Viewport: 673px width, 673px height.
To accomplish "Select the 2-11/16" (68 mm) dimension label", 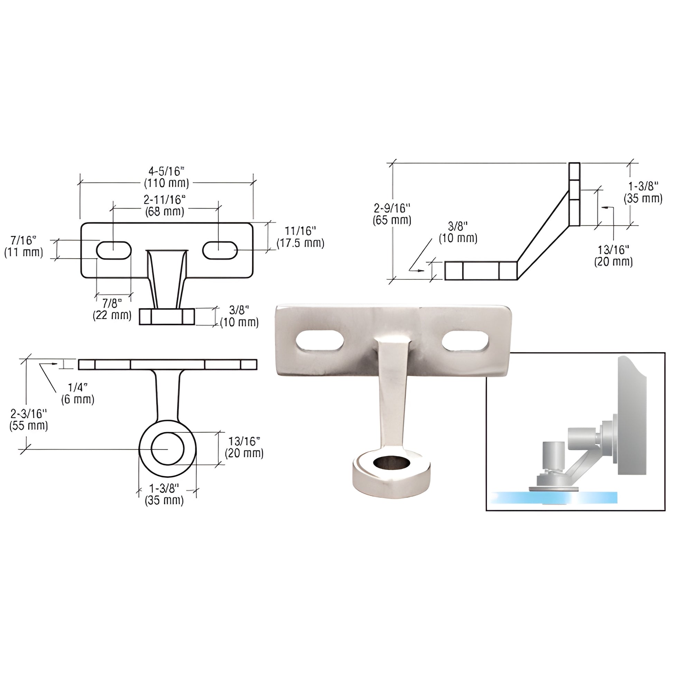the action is pos(164,205).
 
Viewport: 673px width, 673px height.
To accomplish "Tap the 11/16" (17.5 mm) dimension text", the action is pos(300,237).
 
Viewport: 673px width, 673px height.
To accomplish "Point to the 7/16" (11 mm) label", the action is pos(24,246).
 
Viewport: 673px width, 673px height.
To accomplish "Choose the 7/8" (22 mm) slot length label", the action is pos(112,309).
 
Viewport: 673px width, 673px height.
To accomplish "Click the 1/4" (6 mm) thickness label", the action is pos(77,393).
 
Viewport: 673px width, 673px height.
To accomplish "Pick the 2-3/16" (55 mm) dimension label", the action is pos(29,420).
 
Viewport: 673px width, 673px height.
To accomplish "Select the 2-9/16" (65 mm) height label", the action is pos(392,214).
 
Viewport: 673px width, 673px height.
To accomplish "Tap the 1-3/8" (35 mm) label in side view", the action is pos(643,192).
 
